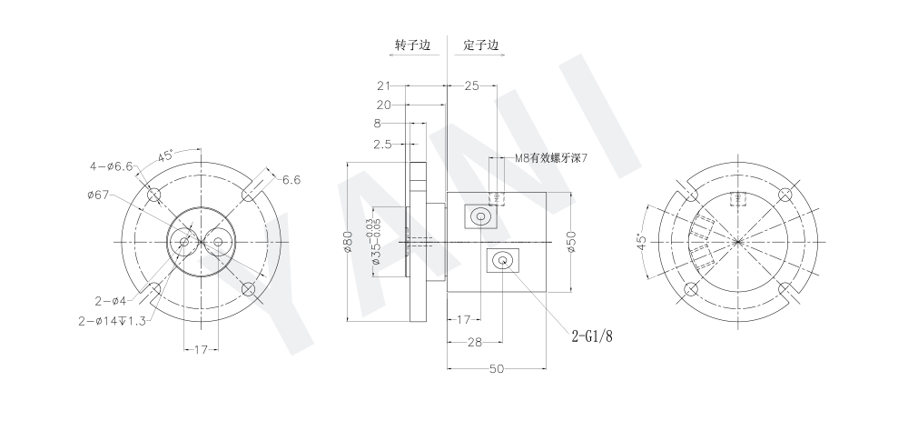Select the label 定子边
pyautogui.click(x=480, y=45)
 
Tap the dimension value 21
pyautogui.click(x=384, y=85)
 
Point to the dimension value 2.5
pyautogui.click(x=382, y=145)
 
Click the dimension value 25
pyautogui.click(x=471, y=85)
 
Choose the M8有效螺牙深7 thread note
pyautogui.click(x=551, y=158)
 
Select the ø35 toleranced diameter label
pyautogui.click(x=374, y=241)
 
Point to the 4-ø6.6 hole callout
pyautogui.click(x=112, y=166)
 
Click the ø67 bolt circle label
pyautogui.click(x=100, y=194)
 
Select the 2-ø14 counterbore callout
pyautogui.click(x=113, y=319)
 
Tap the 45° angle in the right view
pyautogui.click(x=641, y=242)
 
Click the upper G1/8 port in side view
pyautogui.click(x=479, y=217)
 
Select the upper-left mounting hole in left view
pyautogui.click(x=154, y=194)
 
